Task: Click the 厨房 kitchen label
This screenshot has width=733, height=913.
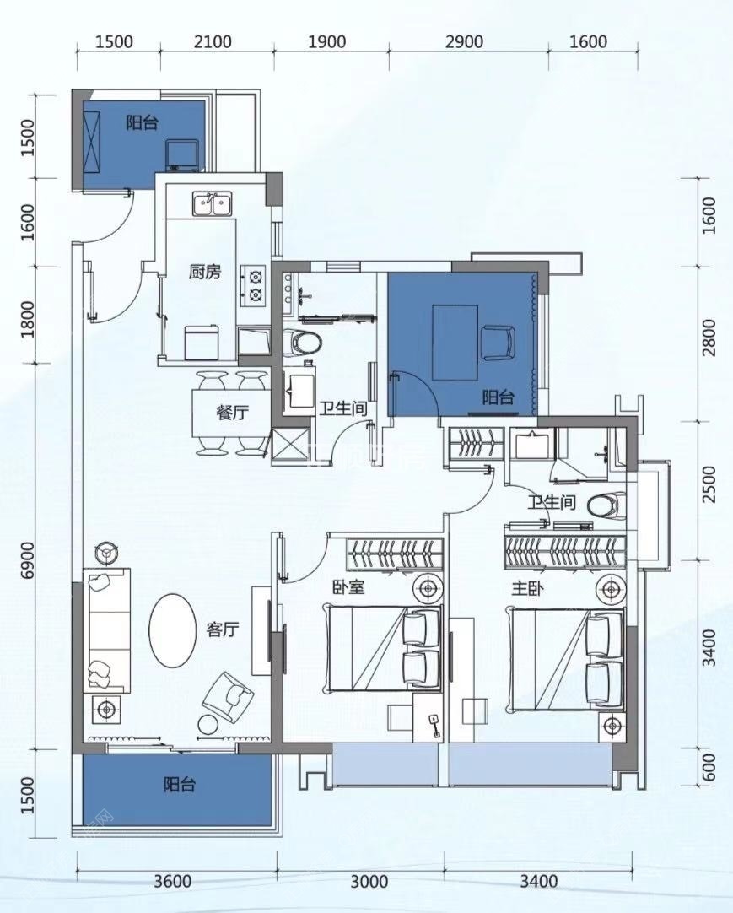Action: (x=204, y=272)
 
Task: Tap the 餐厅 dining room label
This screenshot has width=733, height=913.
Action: (x=232, y=413)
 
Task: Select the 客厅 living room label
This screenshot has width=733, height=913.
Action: (x=223, y=629)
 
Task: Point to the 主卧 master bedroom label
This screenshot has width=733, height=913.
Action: (x=527, y=588)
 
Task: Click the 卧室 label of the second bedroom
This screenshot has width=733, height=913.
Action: (x=348, y=586)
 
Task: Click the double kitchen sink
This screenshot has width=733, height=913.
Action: (x=212, y=204)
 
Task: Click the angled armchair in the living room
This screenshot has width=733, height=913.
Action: (x=228, y=695)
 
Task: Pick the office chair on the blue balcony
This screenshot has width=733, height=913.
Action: (x=498, y=343)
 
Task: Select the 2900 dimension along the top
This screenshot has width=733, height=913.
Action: (x=464, y=42)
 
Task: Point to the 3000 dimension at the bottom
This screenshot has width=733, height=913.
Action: (x=369, y=881)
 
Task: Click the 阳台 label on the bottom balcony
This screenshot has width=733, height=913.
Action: (x=180, y=785)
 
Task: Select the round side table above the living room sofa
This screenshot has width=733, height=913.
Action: (x=106, y=554)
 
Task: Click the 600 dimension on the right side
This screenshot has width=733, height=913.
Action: (x=709, y=768)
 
